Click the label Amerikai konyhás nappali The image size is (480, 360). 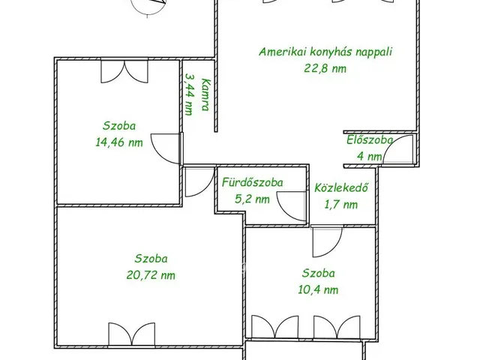point(325,52)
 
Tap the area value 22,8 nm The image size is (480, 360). point(325,68)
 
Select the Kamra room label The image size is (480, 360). point(205,94)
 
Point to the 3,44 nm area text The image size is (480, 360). point(190,94)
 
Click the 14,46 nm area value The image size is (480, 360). point(119,142)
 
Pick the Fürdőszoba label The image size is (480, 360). point(252,183)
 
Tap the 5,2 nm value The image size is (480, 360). point(252,199)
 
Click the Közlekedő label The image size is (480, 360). point(341,187)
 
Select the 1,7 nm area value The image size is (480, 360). point(340,204)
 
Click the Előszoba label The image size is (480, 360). point(370,140)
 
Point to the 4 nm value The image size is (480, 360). point(370,157)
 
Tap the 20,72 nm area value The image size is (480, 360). point(151,275)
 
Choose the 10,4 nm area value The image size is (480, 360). point(318,289)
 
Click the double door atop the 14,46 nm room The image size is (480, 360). point(124,72)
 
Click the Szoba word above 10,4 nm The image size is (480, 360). point(318,273)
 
